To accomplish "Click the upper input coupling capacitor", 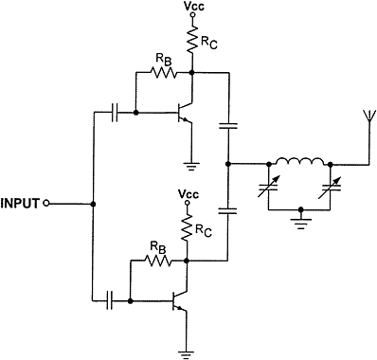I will click(116, 113).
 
